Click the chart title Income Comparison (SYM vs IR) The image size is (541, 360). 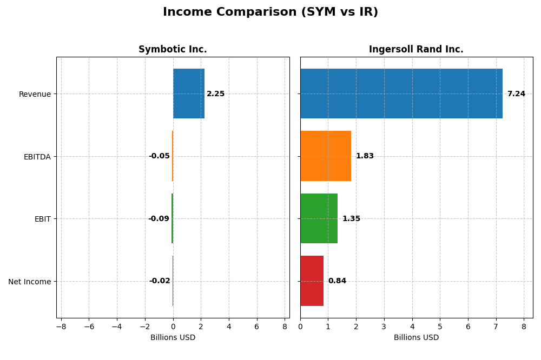click(270, 12)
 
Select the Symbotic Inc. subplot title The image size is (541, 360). click(173, 49)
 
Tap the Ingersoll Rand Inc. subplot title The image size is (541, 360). click(416, 49)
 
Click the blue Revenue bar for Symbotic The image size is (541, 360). click(189, 94)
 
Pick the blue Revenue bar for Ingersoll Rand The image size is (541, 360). click(401, 94)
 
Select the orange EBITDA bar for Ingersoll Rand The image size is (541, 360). click(326, 156)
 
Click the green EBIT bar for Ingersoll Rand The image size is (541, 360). click(319, 218)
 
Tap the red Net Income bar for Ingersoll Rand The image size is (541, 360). click(312, 281)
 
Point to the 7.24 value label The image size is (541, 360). click(516, 94)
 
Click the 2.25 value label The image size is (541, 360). click(215, 94)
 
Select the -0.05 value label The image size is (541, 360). click(159, 156)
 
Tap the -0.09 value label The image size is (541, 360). click(159, 219)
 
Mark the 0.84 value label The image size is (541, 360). click(337, 281)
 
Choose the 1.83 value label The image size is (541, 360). click(365, 156)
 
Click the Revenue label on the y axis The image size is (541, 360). click(35, 94)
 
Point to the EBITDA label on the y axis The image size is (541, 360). click(37, 157)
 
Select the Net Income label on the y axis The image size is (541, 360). click(29, 282)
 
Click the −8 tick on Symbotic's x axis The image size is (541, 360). click(61, 326)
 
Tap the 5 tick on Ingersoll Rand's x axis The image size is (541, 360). click(440, 326)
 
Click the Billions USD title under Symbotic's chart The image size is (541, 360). click(173, 337)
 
